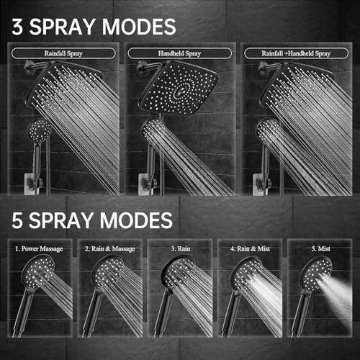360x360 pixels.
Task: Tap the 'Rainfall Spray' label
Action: pyautogui.click(x=62, y=53)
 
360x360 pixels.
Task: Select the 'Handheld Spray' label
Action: pyautogui.click(x=179, y=53)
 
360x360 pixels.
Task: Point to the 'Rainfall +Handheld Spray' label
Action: pyautogui.click(x=296, y=53)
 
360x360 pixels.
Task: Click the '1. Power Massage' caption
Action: pyautogui.click(x=39, y=248)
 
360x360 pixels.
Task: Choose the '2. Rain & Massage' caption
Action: pyautogui.click(x=109, y=248)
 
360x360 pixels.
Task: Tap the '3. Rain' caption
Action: pyautogui.click(x=179, y=248)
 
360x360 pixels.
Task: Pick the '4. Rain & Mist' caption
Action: pyautogui.click(x=249, y=248)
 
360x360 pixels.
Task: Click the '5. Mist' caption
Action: pyautogui.click(x=319, y=248)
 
